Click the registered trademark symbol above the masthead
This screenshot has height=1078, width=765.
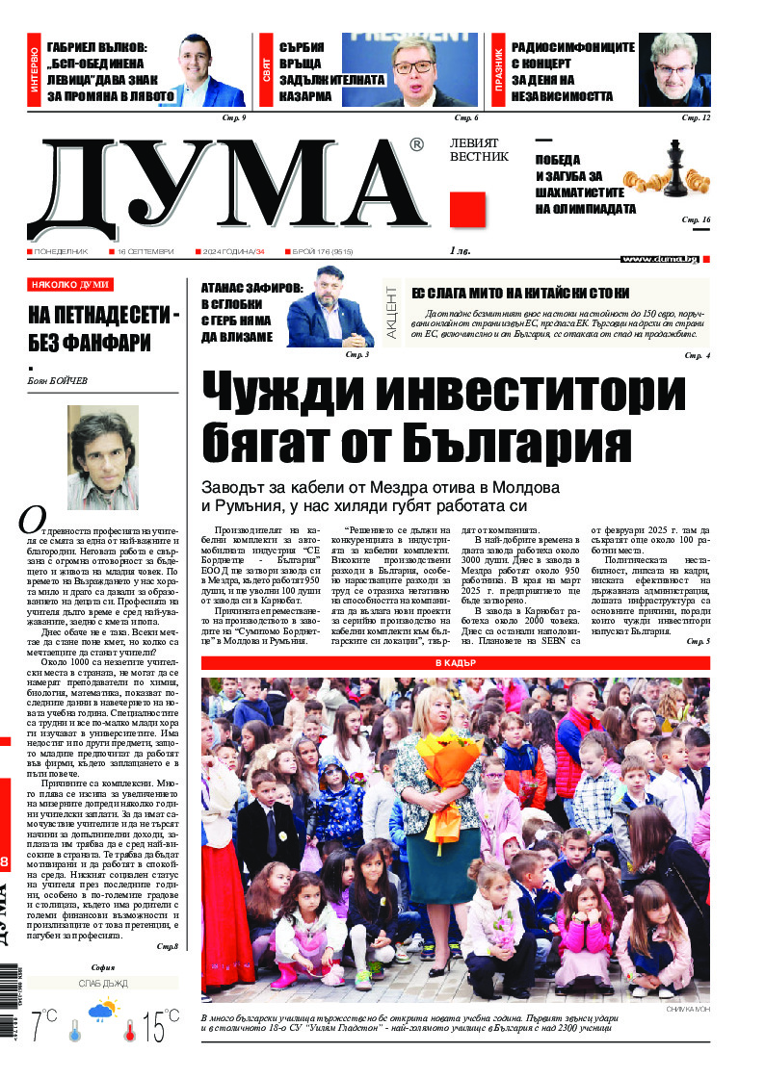pos(415,145)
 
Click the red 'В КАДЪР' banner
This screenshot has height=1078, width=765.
pos(455,663)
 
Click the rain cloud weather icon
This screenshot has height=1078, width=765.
pos(102,1012)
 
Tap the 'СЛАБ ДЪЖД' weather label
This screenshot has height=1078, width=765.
pos(103,983)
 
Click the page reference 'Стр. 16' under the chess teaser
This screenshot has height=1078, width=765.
pos(696,220)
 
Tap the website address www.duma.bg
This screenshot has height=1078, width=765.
pos(659,258)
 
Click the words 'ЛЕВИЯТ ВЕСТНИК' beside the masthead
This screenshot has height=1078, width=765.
pos(478,149)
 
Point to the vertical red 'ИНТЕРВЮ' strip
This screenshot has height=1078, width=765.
pos(35,72)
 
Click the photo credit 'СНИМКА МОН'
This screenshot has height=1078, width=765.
pos(687,1008)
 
